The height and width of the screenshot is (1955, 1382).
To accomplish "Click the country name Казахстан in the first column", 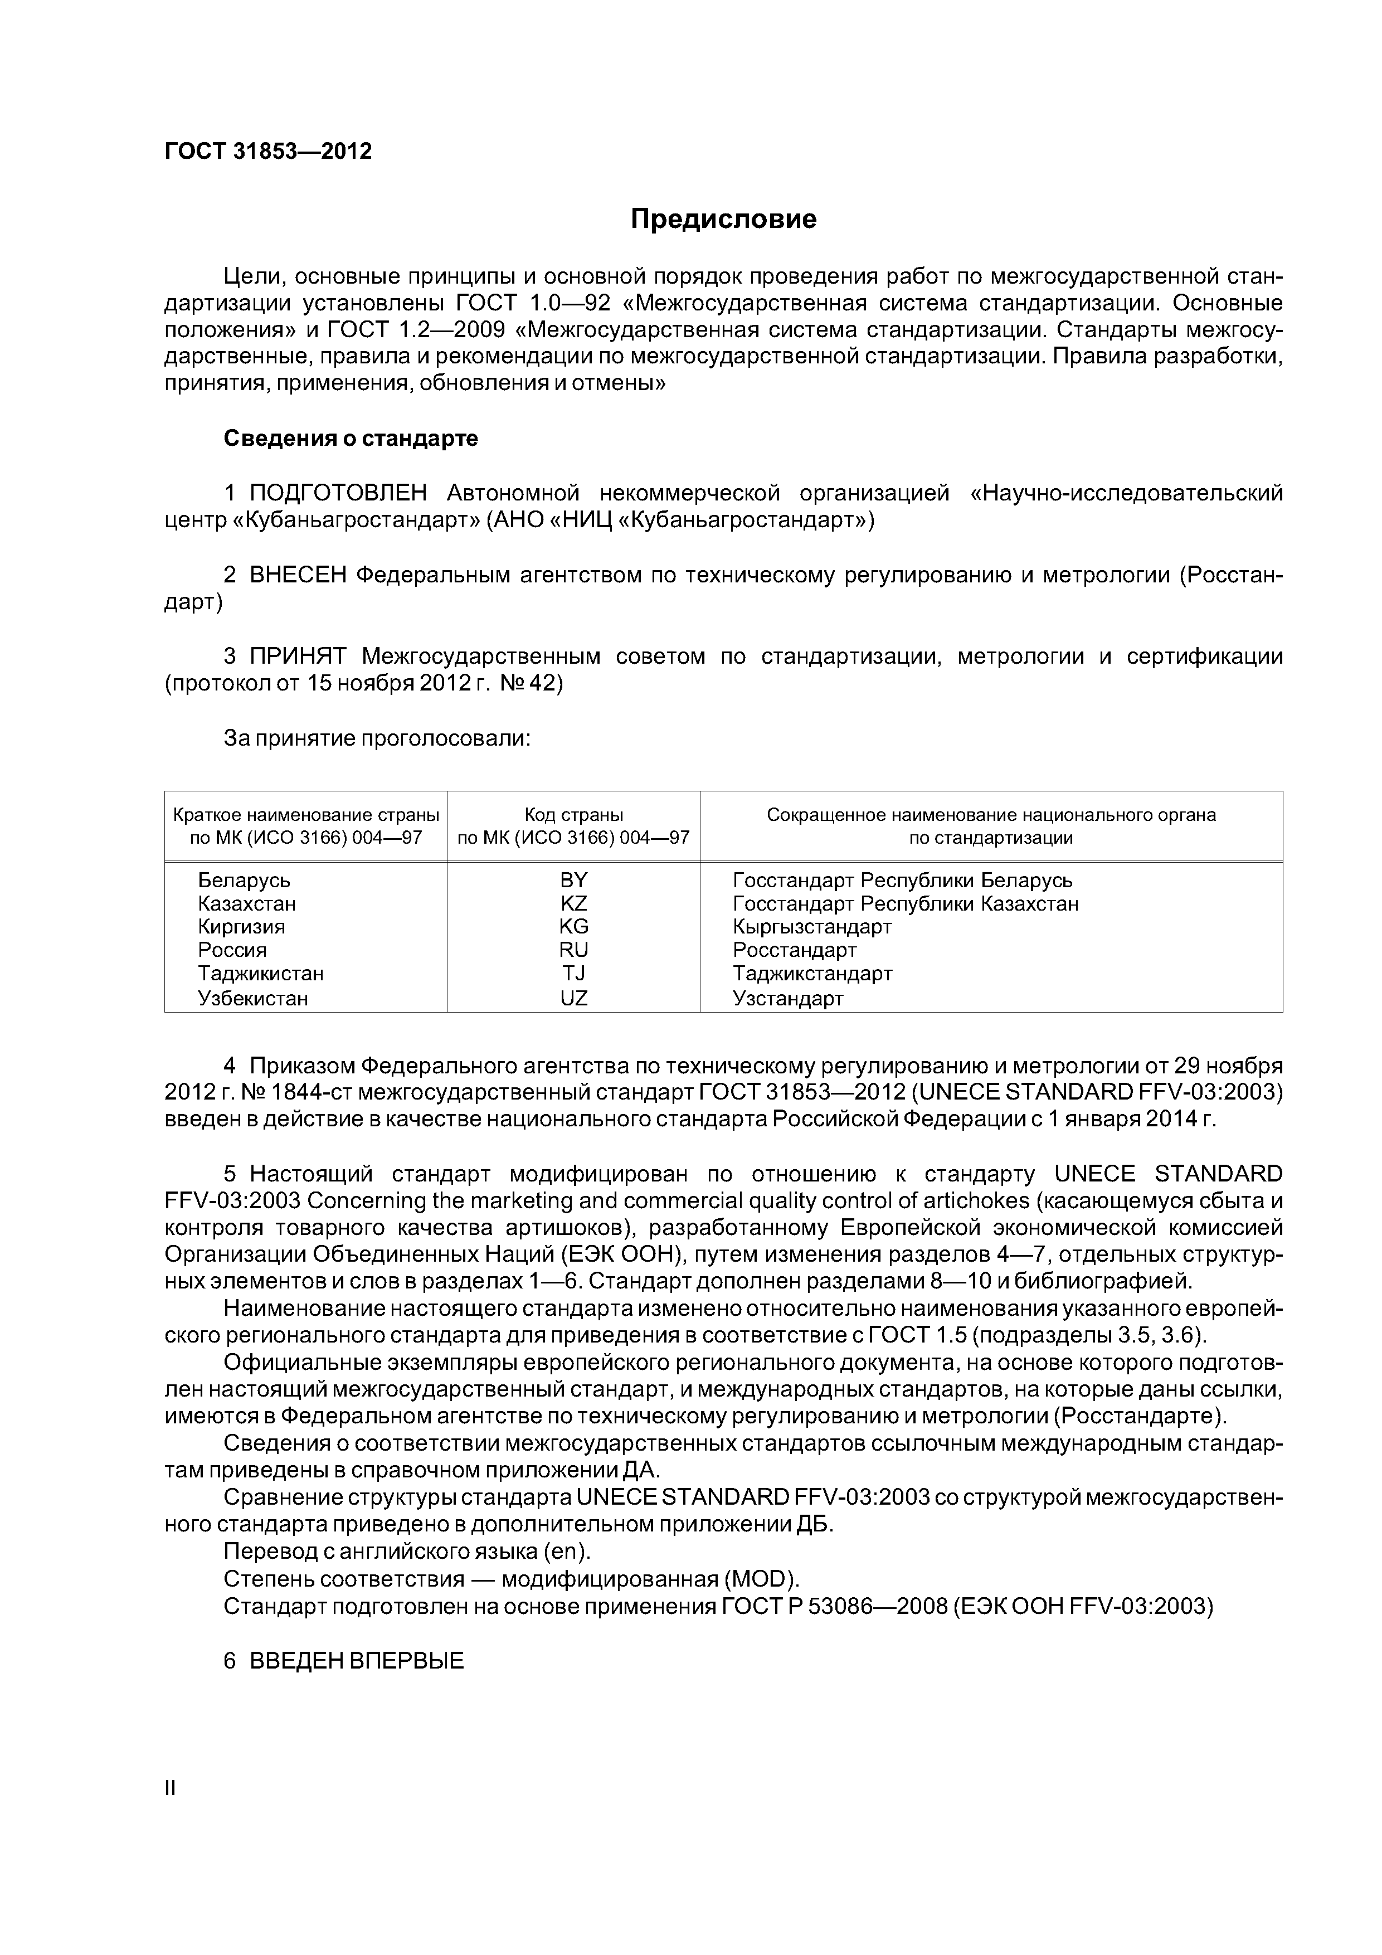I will (247, 903).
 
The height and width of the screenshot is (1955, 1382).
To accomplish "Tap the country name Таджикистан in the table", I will (261, 973).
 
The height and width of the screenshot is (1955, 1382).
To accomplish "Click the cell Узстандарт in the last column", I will (787, 998).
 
